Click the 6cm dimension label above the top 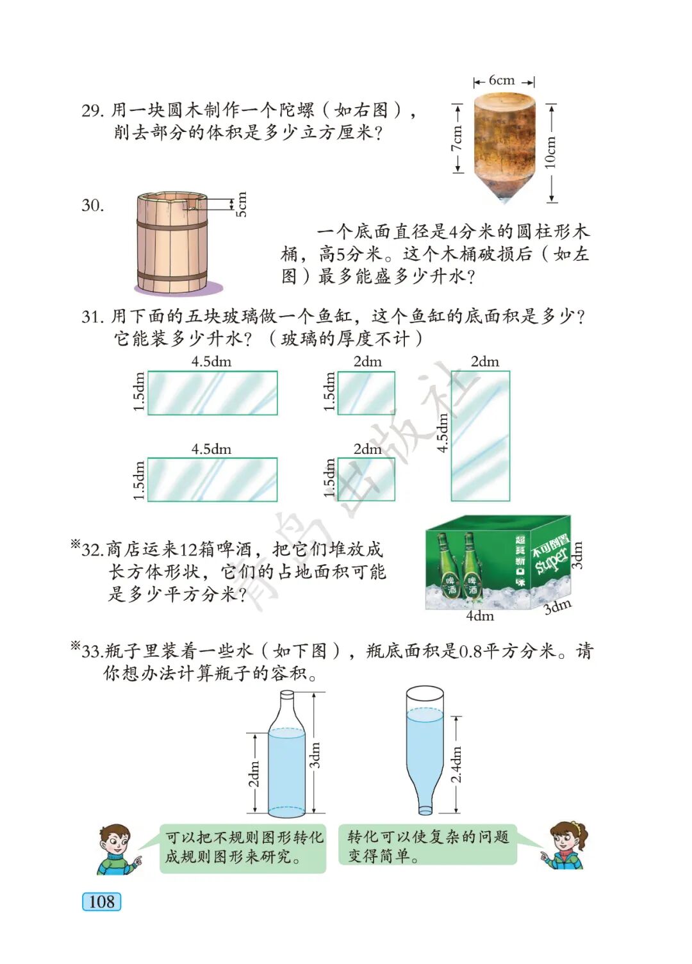[x=502, y=80]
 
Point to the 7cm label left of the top [x=457, y=138]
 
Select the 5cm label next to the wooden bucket [x=242, y=204]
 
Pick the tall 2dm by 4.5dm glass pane [x=480, y=435]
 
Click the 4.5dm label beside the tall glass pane [x=442, y=433]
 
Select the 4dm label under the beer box [x=480, y=616]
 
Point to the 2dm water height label [x=254, y=774]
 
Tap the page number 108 [x=101, y=901]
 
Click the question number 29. [x=93, y=111]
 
